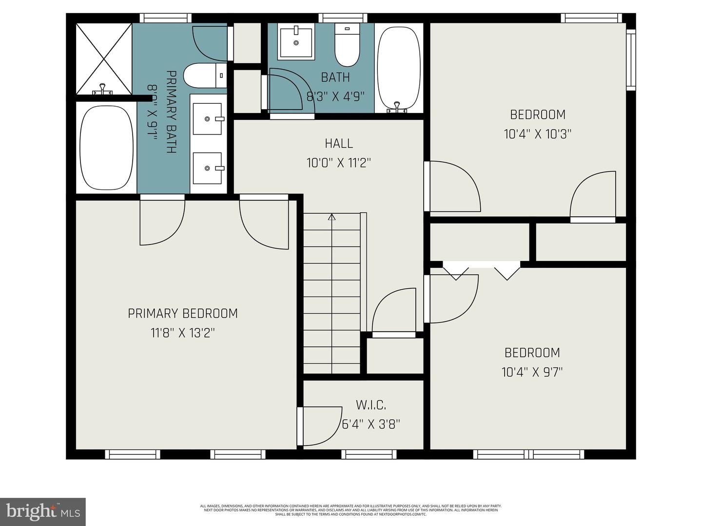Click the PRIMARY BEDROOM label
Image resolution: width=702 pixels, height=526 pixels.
pyautogui.click(x=183, y=313)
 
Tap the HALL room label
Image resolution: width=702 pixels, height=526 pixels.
pyautogui.click(x=339, y=143)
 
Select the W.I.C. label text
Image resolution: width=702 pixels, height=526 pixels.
pyautogui.click(x=371, y=405)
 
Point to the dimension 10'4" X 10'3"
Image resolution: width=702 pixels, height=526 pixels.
pyautogui.click(x=537, y=134)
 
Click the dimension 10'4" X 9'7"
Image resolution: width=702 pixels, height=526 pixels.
pyautogui.click(x=532, y=372)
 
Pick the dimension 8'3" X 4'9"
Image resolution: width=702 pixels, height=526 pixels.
pyautogui.click(x=335, y=96)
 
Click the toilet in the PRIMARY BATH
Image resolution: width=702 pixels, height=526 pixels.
pyautogui.click(x=205, y=75)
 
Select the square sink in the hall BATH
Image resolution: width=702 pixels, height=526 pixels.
pyautogui.click(x=295, y=43)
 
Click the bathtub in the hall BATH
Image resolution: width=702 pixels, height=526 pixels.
pyautogui.click(x=399, y=68)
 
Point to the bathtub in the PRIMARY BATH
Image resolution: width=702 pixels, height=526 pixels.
pyautogui.click(x=106, y=148)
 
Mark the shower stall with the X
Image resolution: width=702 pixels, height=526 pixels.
pyautogui.click(x=103, y=59)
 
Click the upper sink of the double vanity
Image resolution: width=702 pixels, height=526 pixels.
pyautogui.click(x=208, y=118)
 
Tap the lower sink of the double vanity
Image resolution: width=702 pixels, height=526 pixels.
pyautogui.click(x=208, y=168)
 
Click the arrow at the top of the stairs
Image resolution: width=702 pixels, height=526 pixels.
pyautogui.click(x=332, y=217)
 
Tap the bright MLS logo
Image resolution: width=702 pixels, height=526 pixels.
pyautogui.click(x=43, y=511)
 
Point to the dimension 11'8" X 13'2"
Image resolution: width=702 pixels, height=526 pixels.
pyautogui.click(x=183, y=333)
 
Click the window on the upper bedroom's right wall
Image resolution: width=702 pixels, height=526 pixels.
pyautogui.click(x=631, y=59)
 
